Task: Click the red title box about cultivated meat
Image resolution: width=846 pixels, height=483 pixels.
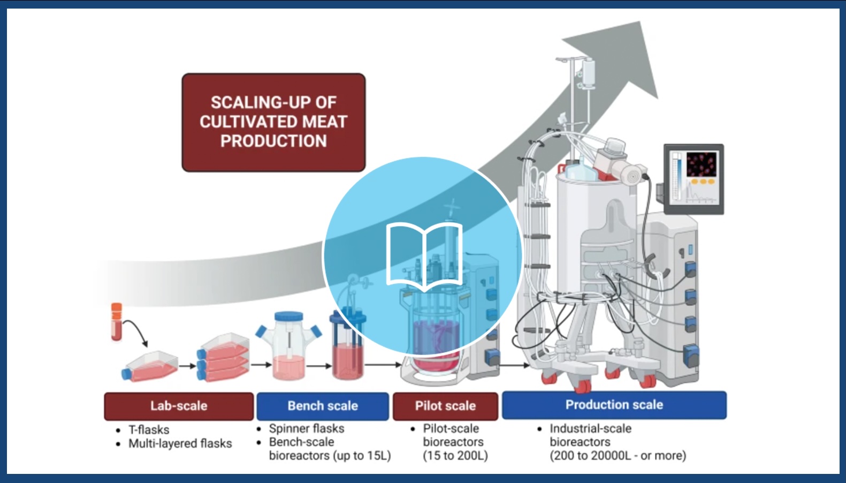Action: click(x=273, y=123)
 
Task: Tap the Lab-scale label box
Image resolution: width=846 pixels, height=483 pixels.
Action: click(x=179, y=406)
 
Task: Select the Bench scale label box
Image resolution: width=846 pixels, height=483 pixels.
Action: click(x=323, y=406)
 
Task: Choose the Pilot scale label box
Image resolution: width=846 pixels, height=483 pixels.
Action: click(x=445, y=406)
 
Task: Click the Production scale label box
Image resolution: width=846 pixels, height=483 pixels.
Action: click(x=614, y=405)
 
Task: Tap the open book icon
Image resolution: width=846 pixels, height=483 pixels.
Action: click(x=424, y=257)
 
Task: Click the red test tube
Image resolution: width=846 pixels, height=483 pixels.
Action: click(x=117, y=322)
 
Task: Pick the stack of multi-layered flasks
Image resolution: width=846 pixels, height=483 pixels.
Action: click(x=223, y=357)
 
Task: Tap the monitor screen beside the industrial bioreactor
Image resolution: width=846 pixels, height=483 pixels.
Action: click(x=694, y=179)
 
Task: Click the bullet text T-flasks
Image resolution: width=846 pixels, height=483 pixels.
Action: click(x=149, y=429)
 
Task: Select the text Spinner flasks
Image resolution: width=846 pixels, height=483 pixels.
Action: click(x=307, y=428)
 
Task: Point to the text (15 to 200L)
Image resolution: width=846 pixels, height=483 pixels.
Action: click(x=455, y=456)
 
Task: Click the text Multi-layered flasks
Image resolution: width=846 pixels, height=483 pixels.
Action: click(x=180, y=443)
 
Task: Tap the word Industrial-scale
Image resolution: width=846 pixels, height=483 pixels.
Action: click(x=591, y=428)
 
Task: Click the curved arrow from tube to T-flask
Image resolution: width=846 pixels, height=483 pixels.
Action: click(x=137, y=328)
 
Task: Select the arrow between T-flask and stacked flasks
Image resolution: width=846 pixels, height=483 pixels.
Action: click(x=188, y=366)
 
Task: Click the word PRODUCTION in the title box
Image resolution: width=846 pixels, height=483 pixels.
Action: click(x=273, y=141)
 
